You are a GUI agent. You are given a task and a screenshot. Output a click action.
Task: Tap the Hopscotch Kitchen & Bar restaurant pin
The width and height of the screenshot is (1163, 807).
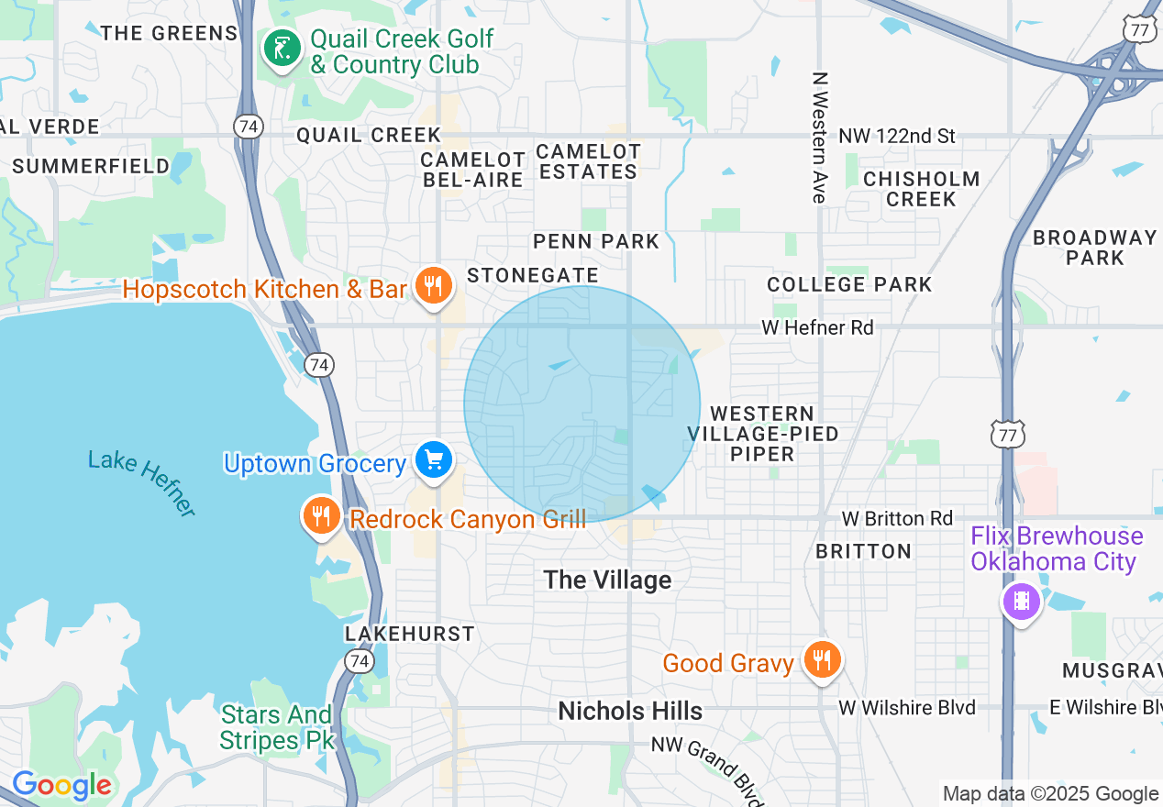point(431,286)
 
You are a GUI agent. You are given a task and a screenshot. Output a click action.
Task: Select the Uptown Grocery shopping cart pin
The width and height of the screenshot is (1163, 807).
point(433,460)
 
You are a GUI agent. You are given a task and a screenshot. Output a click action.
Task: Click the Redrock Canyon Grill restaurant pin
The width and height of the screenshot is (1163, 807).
point(321,516)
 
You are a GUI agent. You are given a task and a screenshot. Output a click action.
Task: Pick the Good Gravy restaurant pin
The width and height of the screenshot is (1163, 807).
point(822,660)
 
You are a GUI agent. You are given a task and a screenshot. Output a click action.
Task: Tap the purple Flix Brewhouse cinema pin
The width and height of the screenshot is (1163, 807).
point(1021,602)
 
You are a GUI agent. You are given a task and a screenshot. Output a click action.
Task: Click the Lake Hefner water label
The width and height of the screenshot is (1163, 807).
point(142,481)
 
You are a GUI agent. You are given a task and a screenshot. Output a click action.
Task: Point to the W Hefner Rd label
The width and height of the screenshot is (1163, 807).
point(817,327)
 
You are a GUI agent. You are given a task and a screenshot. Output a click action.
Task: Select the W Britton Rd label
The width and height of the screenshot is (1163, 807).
point(897,519)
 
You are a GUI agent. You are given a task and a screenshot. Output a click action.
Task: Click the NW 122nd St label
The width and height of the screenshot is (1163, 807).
point(896,137)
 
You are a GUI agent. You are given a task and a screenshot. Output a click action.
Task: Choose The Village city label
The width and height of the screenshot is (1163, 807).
point(607,580)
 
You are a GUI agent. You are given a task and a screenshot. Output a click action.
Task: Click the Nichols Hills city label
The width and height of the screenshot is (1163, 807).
point(630,711)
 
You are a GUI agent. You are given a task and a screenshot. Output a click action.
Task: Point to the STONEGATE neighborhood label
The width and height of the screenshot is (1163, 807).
point(533,275)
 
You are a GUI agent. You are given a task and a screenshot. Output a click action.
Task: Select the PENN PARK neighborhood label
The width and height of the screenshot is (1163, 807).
point(596,242)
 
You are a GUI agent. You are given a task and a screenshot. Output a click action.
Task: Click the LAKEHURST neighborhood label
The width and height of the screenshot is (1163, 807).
point(410,634)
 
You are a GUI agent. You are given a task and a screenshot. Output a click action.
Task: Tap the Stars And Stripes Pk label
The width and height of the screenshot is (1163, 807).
point(276,726)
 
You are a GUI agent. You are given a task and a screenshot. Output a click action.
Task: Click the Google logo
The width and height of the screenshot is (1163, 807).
point(61,785)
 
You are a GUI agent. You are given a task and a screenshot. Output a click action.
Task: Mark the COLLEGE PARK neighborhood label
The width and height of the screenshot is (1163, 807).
point(849,284)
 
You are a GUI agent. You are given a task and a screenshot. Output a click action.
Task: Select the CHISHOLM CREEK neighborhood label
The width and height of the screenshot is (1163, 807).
point(921,189)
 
